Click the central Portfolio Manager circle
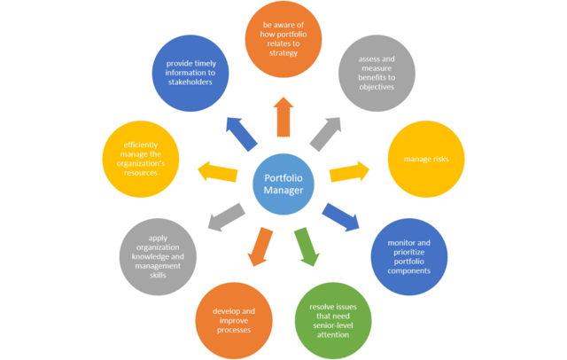click(283, 181)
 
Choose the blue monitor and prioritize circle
click(410, 256)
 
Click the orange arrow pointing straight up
click(283, 116)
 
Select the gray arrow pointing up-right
click(324, 131)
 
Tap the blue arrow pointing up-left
click(241, 132)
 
